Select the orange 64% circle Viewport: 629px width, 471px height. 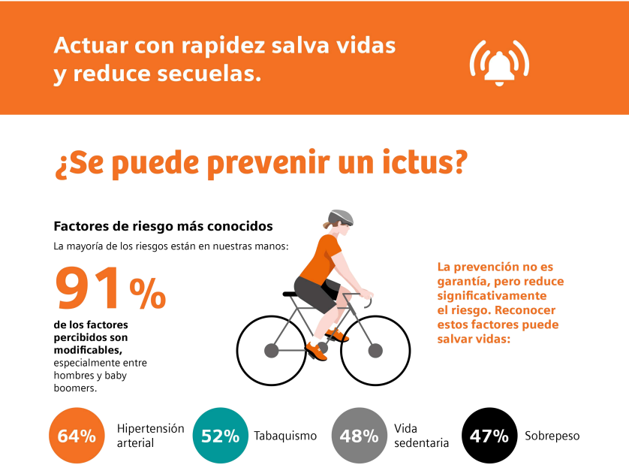click(77, 436)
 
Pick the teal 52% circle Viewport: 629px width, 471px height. click(220, 436)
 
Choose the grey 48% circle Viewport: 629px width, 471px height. click(359, 436)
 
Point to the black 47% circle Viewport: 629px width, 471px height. click(489, 436)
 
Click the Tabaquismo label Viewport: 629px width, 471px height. click(285, 436)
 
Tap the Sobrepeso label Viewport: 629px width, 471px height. click(552, 436)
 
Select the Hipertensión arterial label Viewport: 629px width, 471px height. click(150, 436)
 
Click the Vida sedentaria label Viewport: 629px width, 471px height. click(421, 436)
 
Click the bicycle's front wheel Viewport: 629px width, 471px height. click(376, 349)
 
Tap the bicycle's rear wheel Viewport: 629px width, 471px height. click(271, 349)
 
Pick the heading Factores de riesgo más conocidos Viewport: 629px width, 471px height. click(163, 226)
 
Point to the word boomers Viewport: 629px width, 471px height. click(76, 388)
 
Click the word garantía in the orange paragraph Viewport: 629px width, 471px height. click(462, 281)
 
